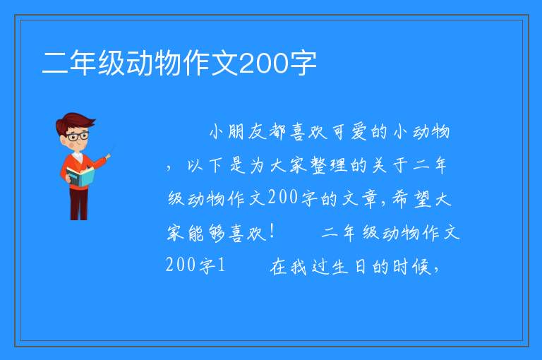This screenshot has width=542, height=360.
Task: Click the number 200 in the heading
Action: click(x=263, y=63)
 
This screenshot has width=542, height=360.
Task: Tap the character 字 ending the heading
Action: click(x=303, y=64)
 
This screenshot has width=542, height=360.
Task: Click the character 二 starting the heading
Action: click(x=54, y=64)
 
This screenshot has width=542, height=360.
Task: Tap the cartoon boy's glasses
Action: click(x=77, y=136)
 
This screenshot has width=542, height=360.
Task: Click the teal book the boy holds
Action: click(x=80, y=177)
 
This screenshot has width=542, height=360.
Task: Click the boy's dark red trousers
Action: click(x=78, y=203)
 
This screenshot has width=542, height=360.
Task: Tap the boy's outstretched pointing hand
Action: click(x=108, y=157)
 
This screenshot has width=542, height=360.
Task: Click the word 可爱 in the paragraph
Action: click(x=350, y=132)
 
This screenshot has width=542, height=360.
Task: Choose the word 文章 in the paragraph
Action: click(x=360, y=199)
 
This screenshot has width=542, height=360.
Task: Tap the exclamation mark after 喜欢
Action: click(x=272, y=232)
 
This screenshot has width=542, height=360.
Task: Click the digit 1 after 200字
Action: click(x=220, y=265)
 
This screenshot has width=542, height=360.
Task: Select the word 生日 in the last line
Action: click(x=349, y=267)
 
